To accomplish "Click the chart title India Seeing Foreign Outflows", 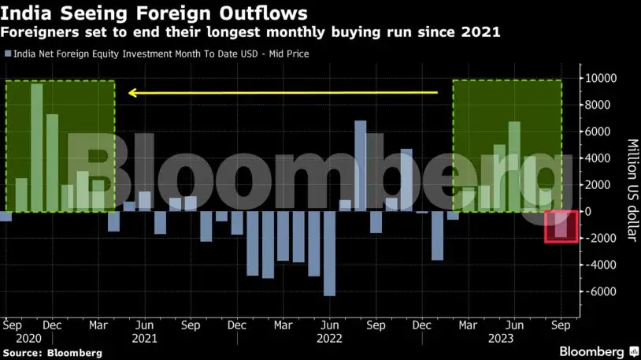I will point(155,13).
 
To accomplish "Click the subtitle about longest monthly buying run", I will point(252,32).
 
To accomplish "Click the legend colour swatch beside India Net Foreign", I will point(7,54).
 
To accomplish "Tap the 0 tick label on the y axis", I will point(588,212).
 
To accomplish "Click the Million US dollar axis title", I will point(631,190).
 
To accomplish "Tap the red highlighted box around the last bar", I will point(561,227).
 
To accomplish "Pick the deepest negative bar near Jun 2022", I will point(329,254).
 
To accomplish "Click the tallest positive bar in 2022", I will point(360,166).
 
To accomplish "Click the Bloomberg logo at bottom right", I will point(592,351).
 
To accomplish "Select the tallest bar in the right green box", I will point(514,166).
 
